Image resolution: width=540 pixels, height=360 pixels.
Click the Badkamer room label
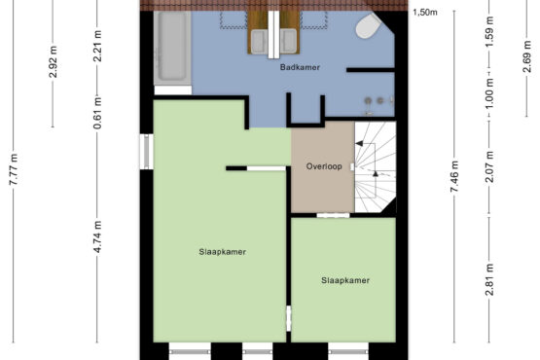click(x=300, y=67)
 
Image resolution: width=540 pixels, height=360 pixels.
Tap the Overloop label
click(x=324, y=166)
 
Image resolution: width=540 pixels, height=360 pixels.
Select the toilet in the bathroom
click(x=368, y=25)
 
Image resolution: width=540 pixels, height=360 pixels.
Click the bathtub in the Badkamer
click(x=172, y=48)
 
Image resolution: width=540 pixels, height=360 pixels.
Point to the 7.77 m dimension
click(x=14, y=169)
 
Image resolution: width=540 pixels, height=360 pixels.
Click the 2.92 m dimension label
click(x=53, y=61)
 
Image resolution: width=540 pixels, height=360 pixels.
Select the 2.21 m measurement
click(x=97, y=46)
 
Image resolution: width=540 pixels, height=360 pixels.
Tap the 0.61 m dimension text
click(x=97, y=113)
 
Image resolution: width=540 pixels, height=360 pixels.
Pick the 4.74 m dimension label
click(x=97, y=236)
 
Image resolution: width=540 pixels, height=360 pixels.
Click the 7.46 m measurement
click(x=454, y=177)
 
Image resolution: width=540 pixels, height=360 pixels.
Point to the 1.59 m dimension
click(x=489, y=32)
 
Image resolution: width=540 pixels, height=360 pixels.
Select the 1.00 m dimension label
click(x=489, y=93)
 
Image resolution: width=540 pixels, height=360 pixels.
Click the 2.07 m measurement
click(x=489, y=166)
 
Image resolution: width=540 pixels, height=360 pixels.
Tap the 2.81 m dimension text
click(x=489, y=279)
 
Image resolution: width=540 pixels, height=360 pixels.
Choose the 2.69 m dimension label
click(x=527, y=56)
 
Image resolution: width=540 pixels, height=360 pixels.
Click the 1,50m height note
click(x=425, y=13)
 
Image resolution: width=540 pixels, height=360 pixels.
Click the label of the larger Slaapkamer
click(x=222, y=252)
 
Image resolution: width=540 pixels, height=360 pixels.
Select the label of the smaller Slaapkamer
click(x=345, y=280)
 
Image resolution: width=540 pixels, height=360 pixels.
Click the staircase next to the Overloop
click(x=375, y=166)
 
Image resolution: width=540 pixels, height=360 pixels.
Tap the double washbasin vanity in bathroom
click(x=273, y=33)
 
